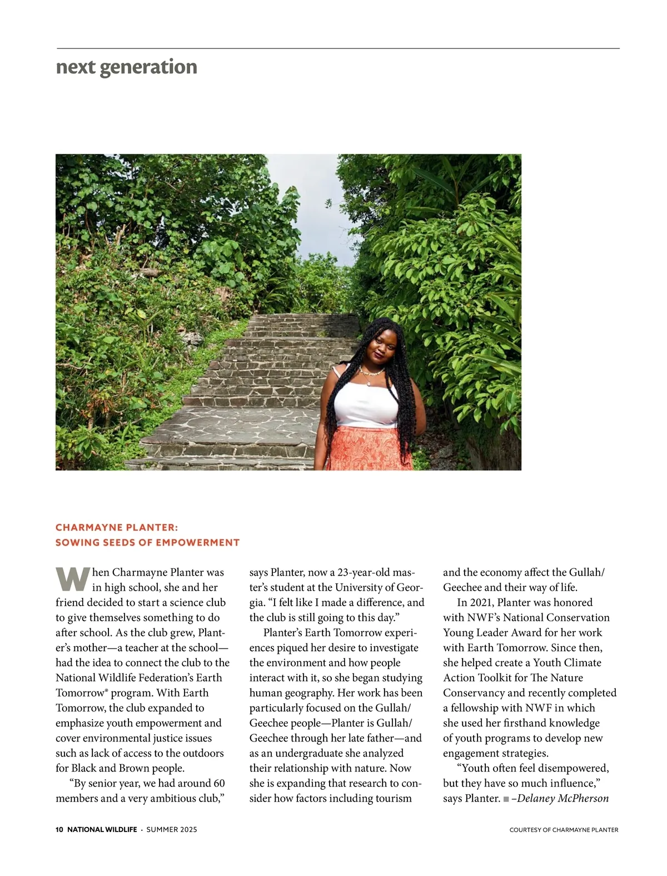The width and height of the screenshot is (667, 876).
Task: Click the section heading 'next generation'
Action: (127, 67)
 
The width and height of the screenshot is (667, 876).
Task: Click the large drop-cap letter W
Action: (72, 579)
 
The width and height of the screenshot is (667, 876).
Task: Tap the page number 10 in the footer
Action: (59, 829)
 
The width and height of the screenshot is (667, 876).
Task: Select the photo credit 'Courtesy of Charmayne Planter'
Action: (564, 830)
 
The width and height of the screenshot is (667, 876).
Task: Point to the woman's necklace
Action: (371, 372)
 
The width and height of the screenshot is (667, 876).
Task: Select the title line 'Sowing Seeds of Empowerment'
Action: (147, 542)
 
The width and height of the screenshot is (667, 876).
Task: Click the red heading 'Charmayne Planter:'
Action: (117, 527)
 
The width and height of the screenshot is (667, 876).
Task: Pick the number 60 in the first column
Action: (218, 783)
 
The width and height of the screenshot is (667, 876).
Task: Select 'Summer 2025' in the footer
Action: (172, 829)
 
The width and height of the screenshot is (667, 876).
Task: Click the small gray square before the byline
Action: (506, 799)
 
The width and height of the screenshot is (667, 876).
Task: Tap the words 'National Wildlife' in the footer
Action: (102, 829)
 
